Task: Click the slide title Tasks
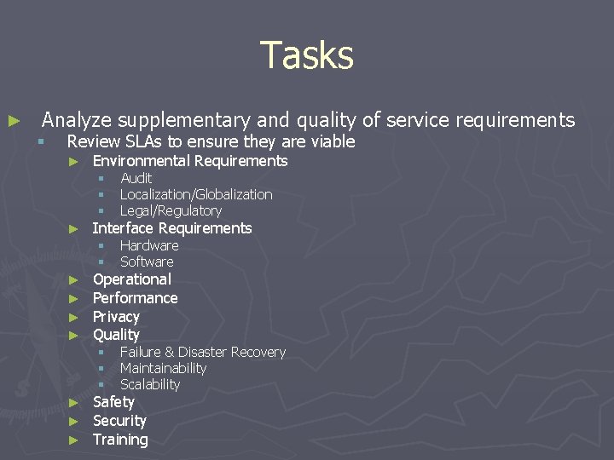[x=306, y=55]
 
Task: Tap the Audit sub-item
[x=136, y=178]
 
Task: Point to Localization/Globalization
[x=196, y=194]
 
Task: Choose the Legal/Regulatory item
[x=171, y=210]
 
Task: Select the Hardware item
[x=149, y=245]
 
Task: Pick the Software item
[x=147, y=262]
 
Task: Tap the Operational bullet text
[x=131, y=279]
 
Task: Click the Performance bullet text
[x=135, y=298]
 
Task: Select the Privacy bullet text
[x=116, y=317]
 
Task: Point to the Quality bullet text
[x=116, y=335]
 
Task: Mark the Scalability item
[x=150, y=384]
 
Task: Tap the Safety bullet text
[x=113, y=402]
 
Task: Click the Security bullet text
[x=119, y=421]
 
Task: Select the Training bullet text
[x=120, y=440]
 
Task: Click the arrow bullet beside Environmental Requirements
[x=73, y=162]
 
